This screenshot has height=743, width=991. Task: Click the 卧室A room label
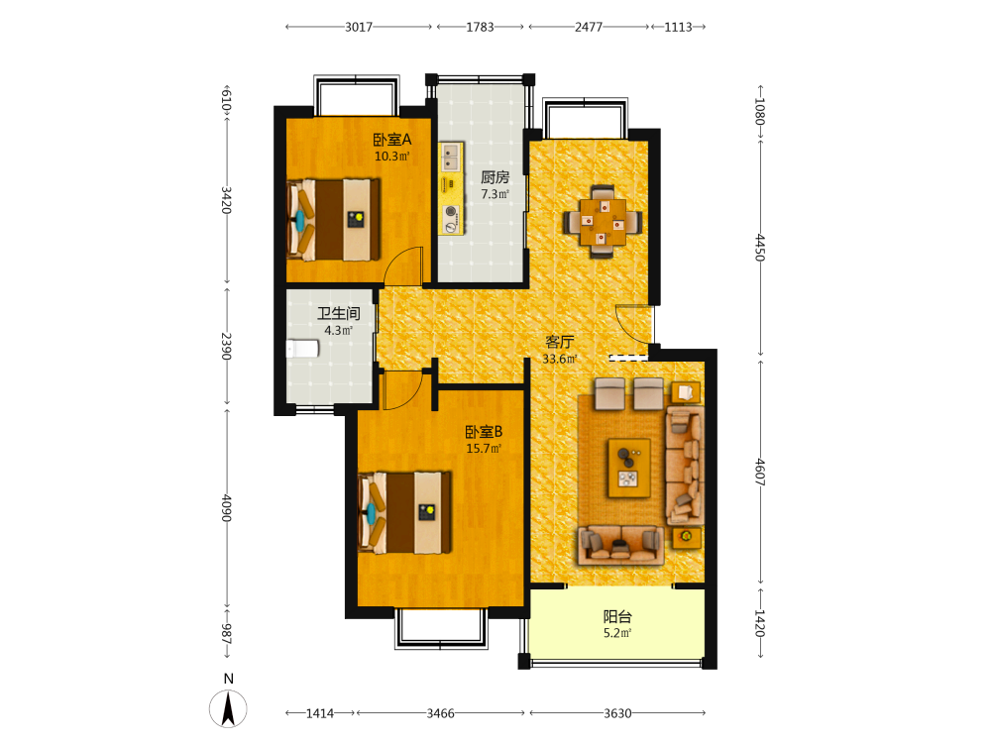(x=391, y=139)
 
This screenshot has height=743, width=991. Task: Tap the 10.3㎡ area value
(x=391, y=157)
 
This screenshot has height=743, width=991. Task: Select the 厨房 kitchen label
(x=495, y=177)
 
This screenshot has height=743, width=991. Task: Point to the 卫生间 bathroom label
(x=339, y=313)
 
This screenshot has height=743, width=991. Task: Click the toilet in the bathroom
(x=302, y=349)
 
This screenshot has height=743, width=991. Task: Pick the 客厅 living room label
(x=559, y=343)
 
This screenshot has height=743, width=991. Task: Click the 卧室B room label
(x=485, y=432)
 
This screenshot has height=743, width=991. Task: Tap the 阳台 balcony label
(x=617, y=616)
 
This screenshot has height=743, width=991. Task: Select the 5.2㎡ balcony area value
(x=617, y=633)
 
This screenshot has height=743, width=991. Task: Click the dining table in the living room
(x=603, y=222)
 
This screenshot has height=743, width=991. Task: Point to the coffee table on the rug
(x=629, y=468)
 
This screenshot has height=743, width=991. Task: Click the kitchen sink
(x=451, y=158)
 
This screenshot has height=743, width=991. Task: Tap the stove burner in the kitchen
(x=451, y=212)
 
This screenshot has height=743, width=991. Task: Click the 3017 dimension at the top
(x=359, y=27)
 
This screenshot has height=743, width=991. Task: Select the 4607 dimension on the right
(x=760, y=472)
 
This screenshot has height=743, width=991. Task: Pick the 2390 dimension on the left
(x=226, y=346)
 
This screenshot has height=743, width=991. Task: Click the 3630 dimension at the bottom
(x=617, y=713)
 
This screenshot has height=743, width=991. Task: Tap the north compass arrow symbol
(x=228, y=709)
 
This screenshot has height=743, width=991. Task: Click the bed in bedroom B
(x=404, y=513)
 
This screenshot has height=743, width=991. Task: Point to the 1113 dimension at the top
(x=678, y=27)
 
